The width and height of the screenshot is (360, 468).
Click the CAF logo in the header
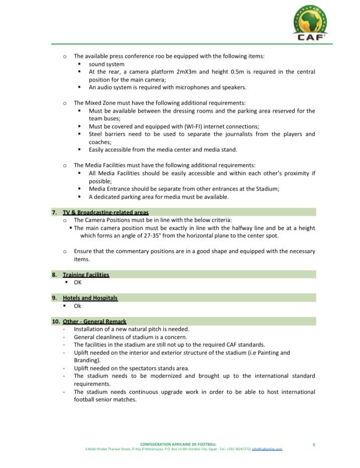point(310,23)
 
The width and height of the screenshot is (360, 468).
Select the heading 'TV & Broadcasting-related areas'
point(105,212)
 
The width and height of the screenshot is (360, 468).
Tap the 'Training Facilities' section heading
point(85,274)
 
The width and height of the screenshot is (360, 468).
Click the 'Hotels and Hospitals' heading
point(90,298)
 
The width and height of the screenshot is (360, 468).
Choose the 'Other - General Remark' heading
point(95,321)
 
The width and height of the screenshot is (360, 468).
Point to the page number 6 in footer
point(314,444)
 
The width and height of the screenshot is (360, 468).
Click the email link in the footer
point(267,449)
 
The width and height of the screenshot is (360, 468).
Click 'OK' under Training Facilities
point(77,282)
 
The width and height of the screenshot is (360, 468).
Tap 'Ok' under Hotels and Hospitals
point(77,306)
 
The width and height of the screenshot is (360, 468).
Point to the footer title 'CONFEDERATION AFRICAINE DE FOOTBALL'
point(178,444)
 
